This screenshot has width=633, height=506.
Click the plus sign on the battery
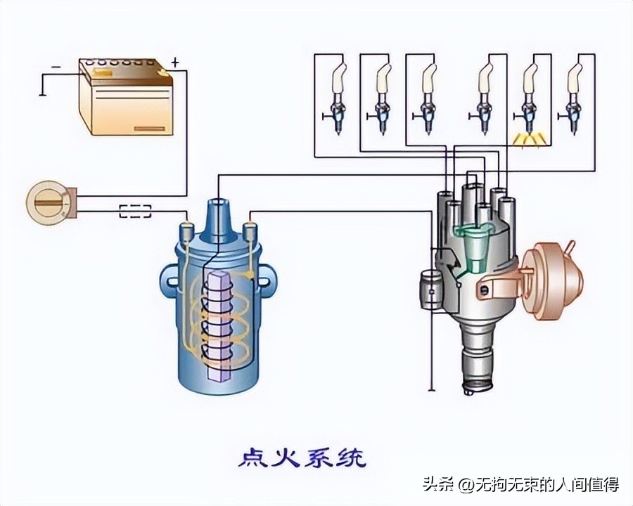174,63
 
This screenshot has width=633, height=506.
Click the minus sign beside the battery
56,67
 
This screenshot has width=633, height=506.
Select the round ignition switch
48,202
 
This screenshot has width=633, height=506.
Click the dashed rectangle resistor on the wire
135,209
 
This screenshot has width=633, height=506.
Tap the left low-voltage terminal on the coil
187,231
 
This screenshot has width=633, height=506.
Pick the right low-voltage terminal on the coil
250,231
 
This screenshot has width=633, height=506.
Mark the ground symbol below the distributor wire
431,389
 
